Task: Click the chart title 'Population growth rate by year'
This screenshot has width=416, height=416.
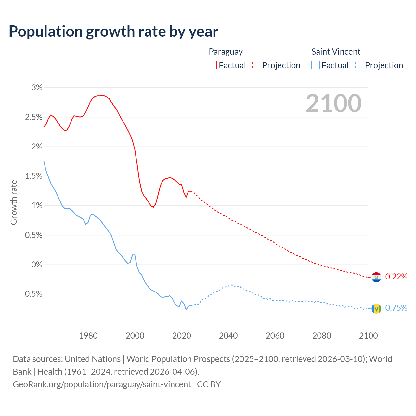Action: click(113, 32)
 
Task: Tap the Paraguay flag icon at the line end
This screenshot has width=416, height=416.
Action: click(376, 277)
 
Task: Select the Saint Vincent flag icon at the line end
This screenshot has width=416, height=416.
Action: click(376, 308)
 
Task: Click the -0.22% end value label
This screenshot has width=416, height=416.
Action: click(395, 277)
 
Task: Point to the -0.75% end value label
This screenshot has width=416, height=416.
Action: click(395, 308)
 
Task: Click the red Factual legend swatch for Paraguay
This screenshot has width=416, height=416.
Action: click(213, 65)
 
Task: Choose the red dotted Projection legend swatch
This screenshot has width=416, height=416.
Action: click(256, 65)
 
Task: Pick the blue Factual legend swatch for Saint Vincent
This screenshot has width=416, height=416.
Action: click(315, 65)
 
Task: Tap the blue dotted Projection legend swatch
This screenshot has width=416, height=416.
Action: click(359, 65)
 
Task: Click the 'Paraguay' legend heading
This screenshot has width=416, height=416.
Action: click(226, 52)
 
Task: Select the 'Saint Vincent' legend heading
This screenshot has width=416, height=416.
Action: click(336, 52)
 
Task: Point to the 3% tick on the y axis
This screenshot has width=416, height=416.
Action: click(37, 87)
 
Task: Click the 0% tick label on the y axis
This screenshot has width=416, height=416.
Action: click(37, 265)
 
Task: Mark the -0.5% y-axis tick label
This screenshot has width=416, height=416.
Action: click(32, 294)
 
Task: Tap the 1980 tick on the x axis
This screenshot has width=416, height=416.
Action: click(88, 336)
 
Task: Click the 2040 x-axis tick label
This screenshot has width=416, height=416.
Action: click(228, 336)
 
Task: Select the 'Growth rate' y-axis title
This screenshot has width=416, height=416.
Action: click(14, 202)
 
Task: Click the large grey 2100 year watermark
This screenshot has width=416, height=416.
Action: click(333, 103)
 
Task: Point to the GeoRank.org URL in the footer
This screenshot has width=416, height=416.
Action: click(102, 384)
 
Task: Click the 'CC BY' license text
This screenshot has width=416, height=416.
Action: click(209, 384)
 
